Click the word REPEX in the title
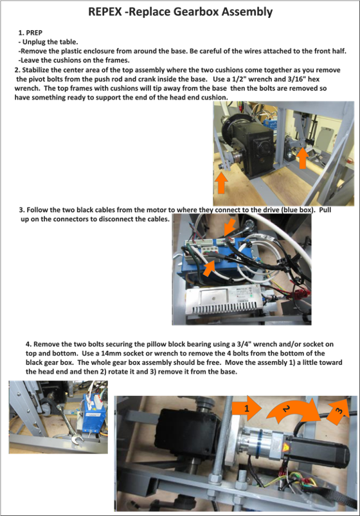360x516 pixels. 106,12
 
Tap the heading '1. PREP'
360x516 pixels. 30,33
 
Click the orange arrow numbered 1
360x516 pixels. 247,408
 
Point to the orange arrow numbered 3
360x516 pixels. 338,411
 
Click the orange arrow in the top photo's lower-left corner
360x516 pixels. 221,182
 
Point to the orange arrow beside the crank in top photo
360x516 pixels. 303,157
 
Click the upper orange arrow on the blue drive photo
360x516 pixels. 230,227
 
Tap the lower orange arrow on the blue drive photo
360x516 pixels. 211,267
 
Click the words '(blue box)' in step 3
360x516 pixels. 298,209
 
